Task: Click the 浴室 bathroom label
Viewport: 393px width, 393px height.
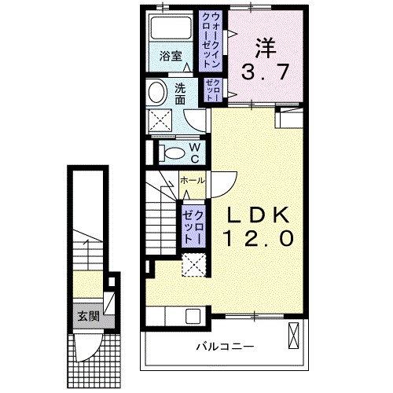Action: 171,56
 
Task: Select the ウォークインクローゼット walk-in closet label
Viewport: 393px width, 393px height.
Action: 211,41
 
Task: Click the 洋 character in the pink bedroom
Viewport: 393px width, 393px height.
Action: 266,49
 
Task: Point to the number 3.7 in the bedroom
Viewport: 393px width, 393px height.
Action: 265,72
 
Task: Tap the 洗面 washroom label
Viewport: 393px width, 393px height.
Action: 180,94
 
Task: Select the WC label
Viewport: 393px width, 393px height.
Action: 194,153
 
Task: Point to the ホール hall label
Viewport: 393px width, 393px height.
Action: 193,180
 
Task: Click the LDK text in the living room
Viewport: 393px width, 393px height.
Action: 258,215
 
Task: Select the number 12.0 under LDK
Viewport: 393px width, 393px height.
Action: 259,238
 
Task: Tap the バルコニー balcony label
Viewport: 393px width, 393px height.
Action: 225,347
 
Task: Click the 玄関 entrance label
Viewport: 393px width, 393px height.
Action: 89,317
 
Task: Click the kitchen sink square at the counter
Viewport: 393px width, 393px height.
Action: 193,316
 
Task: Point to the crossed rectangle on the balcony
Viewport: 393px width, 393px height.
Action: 293,336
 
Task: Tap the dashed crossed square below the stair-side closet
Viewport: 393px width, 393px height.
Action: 194,265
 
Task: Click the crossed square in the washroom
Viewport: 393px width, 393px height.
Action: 160,120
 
